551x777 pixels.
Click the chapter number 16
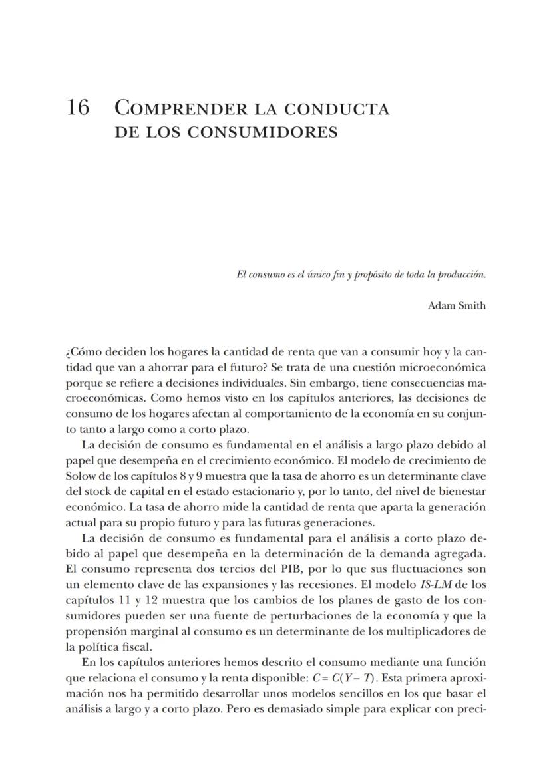78,108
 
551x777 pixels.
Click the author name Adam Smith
457,306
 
